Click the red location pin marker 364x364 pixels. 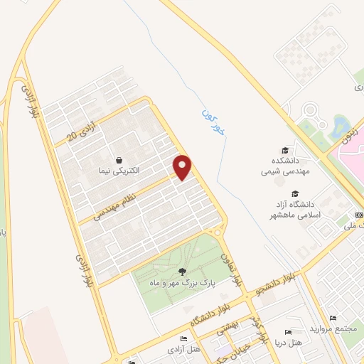tap(183, 167)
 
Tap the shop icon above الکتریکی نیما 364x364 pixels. tap(119, 161)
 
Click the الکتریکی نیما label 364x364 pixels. tap(119, 171)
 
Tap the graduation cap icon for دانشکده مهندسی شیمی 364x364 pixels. tap(285, 150)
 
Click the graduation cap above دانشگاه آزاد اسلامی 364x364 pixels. tap(294, 193)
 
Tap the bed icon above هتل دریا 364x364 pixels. tap(288, 333)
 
